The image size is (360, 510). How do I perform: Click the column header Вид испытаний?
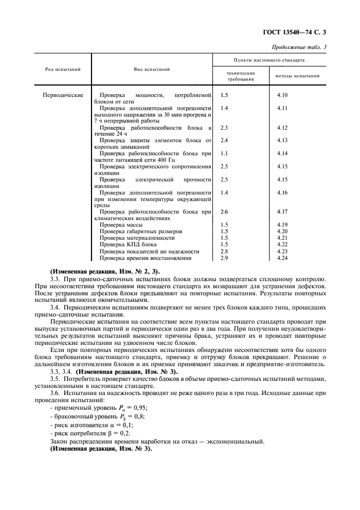(152, 70)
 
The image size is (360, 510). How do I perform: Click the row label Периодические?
(63, 95)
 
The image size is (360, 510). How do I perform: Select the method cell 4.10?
(282, 95)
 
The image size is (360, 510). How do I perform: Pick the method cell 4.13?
(282, 140)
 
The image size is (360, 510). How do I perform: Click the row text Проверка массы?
(121, 224)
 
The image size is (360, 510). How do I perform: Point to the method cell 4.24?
(282, 257)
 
